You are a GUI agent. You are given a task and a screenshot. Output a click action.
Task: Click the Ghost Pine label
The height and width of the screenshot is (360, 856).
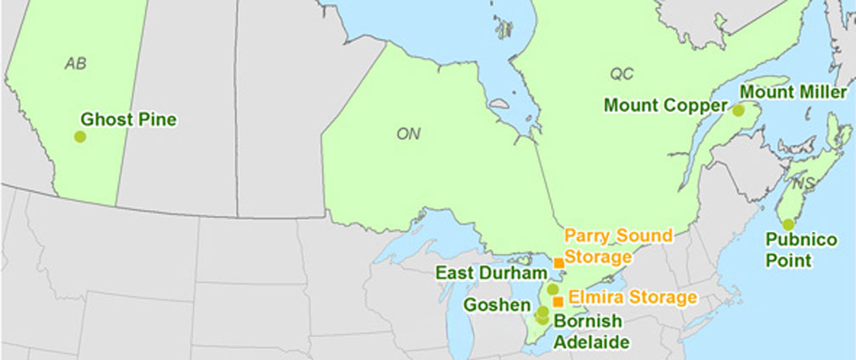click(x=128, y=120)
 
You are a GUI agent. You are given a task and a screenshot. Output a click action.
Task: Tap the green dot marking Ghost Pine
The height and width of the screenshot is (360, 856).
click(x=80, y=136)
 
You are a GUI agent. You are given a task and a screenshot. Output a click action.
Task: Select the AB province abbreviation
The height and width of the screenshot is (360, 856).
click(x=76, y=64)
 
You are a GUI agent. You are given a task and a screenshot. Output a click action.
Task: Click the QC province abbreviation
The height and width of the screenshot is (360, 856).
click(x=622, y=74)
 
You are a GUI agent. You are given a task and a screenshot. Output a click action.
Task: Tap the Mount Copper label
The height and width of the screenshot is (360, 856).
click(x=666, y=106)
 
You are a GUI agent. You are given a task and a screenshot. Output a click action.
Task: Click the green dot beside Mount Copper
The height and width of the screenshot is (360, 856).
click(x=739, y=110)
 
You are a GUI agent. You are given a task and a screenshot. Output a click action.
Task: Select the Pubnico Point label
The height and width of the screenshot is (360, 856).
click(x=788, y=250)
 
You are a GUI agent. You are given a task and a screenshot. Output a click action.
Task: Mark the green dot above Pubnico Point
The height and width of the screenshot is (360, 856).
click(x=788, y=224)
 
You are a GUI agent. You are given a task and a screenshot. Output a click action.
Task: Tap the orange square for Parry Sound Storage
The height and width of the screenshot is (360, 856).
click(x=558, y=263)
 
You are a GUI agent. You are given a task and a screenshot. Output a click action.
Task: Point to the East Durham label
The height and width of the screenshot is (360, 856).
click(x=489, y=273)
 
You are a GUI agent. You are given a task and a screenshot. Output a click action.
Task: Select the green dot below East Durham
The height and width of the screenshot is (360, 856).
click(x=553, y=290)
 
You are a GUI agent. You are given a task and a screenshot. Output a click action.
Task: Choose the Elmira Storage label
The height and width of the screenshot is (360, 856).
click(x=633, y=298)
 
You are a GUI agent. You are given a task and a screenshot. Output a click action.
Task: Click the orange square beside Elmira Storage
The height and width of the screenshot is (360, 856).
click(x=558, y=301)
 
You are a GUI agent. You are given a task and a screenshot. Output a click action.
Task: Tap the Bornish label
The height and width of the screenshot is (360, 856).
click(x=588, y=322)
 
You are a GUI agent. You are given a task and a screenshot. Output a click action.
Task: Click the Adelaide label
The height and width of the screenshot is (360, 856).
click(x=592, y=342)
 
